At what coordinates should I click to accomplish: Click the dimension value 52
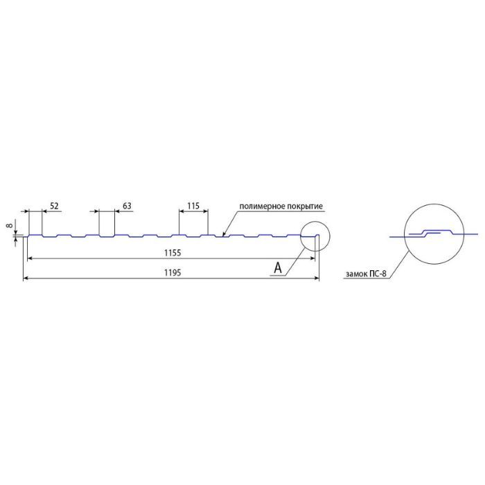pos(54,206)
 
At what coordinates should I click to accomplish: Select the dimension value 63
pos(127,206)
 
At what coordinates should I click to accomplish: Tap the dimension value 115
pos(193,206)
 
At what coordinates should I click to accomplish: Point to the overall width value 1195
pos(173,273)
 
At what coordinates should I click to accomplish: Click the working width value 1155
pos(173,253)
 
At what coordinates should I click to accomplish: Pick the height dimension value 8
pos(10,225)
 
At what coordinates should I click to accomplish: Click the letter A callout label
pos(278,268)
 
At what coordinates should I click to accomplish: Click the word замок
pos(355,274)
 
